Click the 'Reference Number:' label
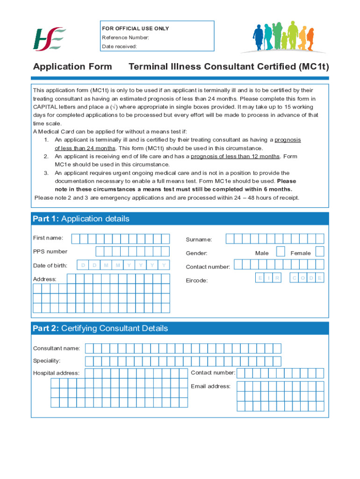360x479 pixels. [x=126, y=37]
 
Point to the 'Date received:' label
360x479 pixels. [x=120, y=46]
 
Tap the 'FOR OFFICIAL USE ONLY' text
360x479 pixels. [x=136, y=29]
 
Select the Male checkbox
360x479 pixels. [x=281, y=252]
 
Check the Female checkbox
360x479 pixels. [x=320, y=252]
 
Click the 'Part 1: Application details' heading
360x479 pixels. [x=81, y=219]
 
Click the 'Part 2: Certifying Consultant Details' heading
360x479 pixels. [x=100, y=328]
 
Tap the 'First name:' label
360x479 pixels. [x=48, y=238]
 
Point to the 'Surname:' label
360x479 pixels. [x=199, y=239]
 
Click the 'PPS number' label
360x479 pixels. [x=50, y=252]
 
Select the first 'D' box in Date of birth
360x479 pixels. [x=83, y=265]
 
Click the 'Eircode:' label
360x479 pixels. [x=197, y=281]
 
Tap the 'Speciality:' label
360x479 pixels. [x=47, y=361]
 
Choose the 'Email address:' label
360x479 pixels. [x=210, y=386]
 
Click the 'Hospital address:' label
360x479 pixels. [x=56, y=373]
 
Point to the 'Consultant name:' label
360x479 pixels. [x=56, y=348]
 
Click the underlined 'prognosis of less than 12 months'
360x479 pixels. [x=235, y=156]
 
